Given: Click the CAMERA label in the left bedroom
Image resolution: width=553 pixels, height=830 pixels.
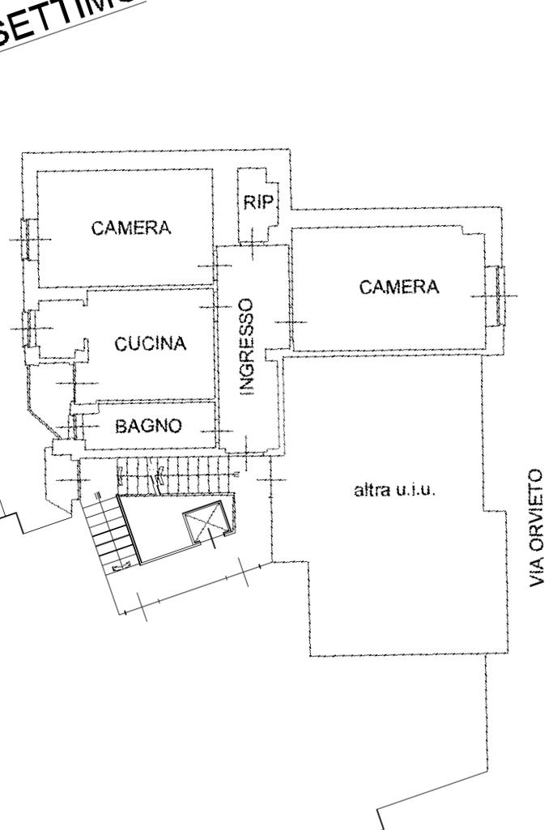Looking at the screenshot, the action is (x=131, y=228).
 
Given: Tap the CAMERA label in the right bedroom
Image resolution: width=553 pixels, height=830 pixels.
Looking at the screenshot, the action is (x=399, y=287).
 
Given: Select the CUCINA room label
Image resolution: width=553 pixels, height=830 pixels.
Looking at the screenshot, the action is (x=151, y=344).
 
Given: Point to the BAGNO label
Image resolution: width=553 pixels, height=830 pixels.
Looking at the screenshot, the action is (x=148, y=426).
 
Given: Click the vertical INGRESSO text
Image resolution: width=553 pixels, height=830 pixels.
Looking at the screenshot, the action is (x=249, y=345).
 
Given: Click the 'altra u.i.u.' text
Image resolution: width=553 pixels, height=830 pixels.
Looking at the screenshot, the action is (x=397, y=490).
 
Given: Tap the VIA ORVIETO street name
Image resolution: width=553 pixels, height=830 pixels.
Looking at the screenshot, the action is (x=536, y=527).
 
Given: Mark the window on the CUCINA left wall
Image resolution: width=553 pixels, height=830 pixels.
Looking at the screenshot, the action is (x=30, y=328).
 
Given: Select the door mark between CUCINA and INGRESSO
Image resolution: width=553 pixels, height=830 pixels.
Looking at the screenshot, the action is (x=215, y=308).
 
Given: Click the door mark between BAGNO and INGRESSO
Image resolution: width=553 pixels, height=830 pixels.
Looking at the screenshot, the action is (x=219, y=430).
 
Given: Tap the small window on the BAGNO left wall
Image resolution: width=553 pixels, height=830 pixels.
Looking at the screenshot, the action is (x=74, y=425).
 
